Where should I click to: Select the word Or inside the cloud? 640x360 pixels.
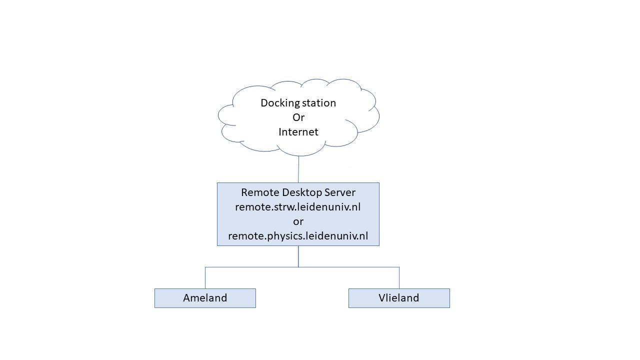tap(298, 117)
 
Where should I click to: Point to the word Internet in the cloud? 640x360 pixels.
tap(298, 132)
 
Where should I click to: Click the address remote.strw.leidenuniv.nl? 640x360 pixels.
tap(298, 207)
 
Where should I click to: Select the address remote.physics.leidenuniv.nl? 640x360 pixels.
tap(298, 236)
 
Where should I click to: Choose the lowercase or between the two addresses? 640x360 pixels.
tap(298, 221)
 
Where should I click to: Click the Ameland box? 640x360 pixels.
tap(205, 298)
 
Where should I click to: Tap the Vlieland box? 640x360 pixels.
tap(399, 298)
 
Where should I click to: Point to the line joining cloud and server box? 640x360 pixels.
tap(298, 169)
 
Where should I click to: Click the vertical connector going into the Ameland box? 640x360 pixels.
tap(205, 278)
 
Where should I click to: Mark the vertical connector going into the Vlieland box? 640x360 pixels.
tap(399, 278)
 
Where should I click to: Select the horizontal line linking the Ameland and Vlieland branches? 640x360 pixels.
tap(250, 267)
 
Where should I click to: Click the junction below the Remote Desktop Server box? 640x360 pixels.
tap(298, 267)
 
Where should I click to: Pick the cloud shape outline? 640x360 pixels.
tap(218, 116)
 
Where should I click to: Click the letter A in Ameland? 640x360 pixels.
tap(187, 298)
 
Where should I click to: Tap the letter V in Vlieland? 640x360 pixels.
tap(382, 298)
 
